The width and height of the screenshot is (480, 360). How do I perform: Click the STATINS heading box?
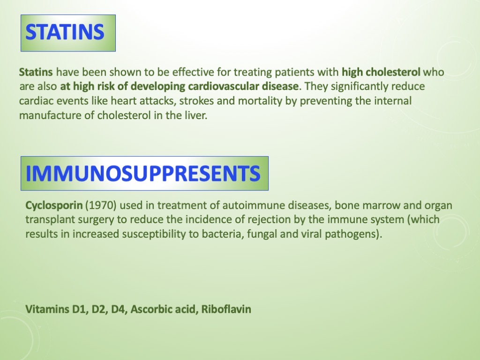68,33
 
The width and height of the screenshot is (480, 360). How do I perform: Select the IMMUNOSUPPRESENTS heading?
144,173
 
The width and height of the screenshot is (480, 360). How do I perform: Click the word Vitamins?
45,309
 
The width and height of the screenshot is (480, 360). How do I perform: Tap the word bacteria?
221,234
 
